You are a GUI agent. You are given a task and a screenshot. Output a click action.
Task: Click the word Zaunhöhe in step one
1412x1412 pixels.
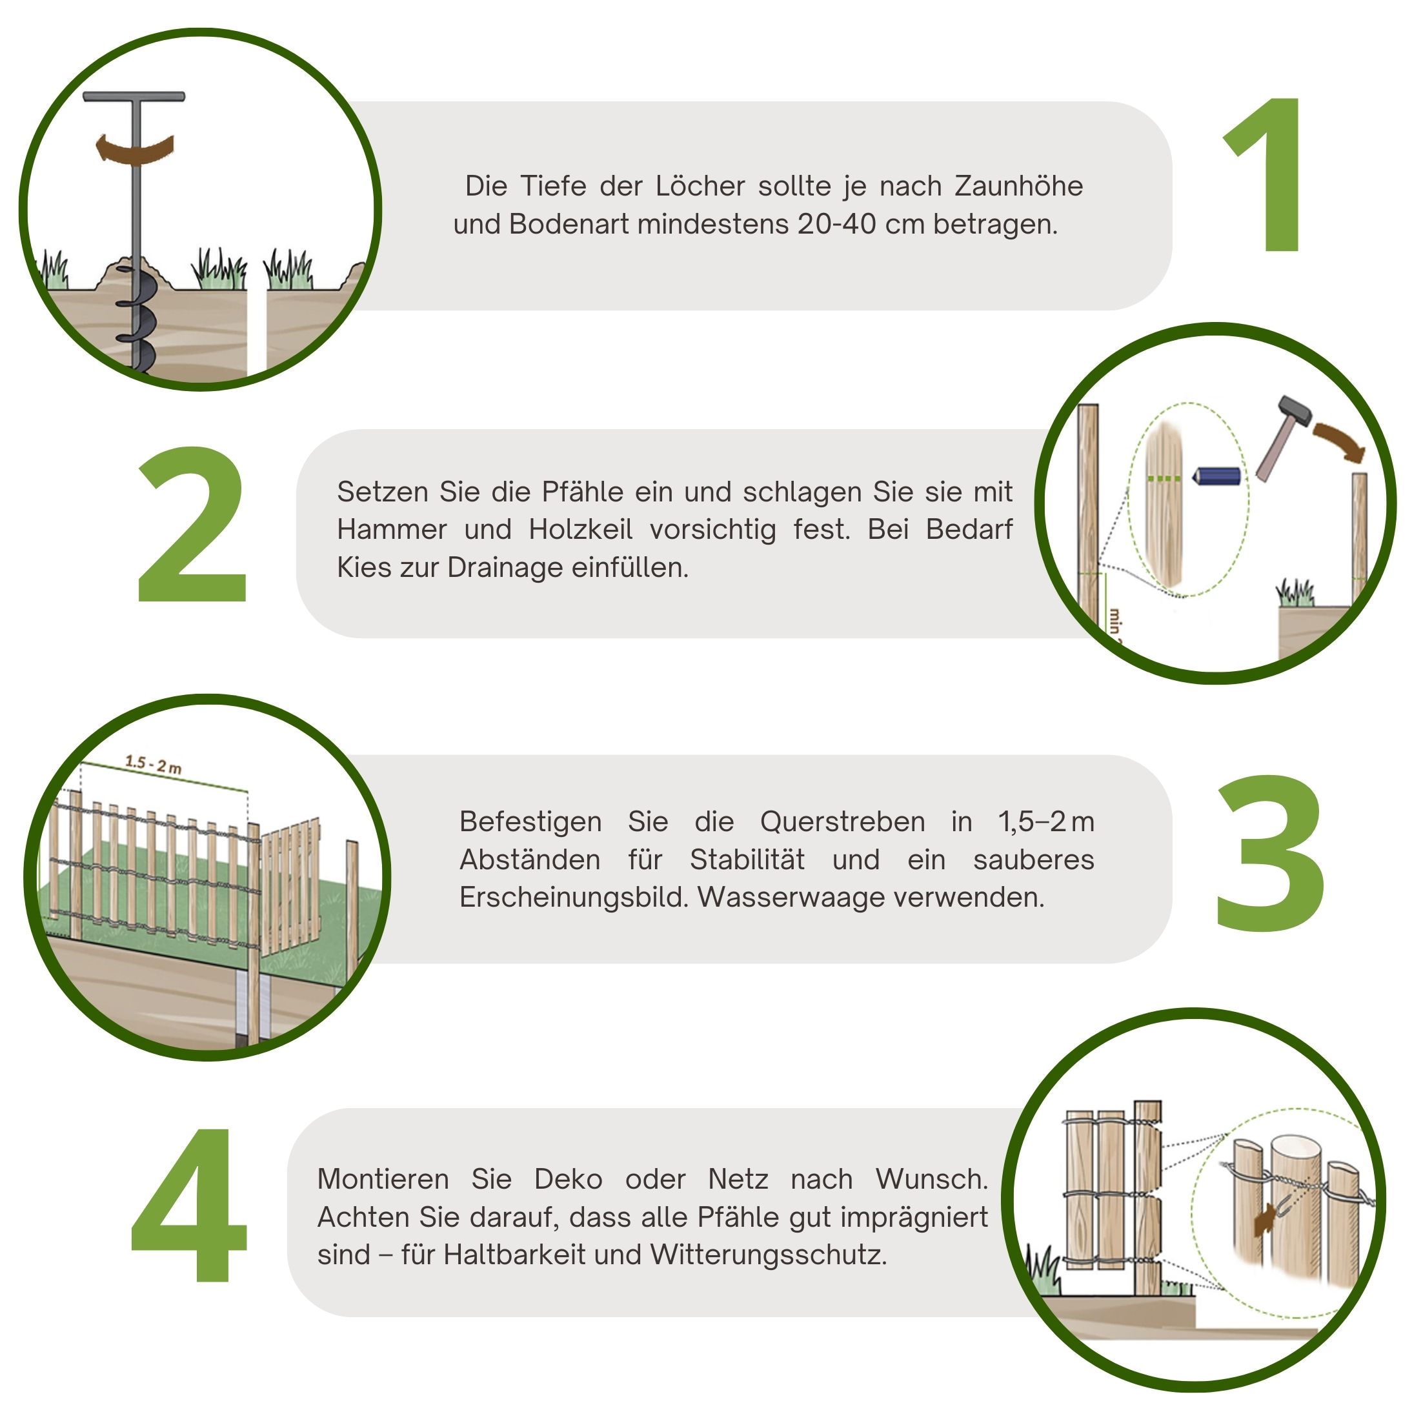(x=1019, y=187)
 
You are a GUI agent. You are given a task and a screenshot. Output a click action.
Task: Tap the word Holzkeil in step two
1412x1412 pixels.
(x=580, y=529)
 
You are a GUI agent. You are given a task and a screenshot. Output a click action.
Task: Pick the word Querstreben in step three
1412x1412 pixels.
(x=843, y=822)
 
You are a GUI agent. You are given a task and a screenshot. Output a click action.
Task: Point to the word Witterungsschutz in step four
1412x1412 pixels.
(x=768, y=1255)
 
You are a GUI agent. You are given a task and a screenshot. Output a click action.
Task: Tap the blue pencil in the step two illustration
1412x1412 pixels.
(x=1215, y=476)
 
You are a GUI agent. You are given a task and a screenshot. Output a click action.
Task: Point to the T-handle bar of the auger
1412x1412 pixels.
(x=134, y=96)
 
